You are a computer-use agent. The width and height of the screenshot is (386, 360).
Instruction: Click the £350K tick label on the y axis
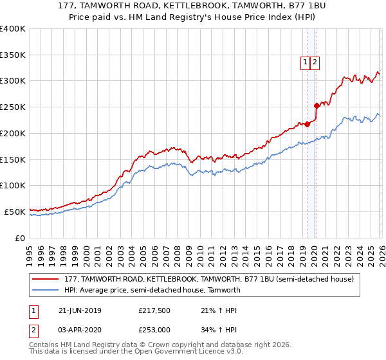pos(13,55)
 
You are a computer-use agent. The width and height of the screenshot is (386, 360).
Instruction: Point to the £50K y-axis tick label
pos(15,212)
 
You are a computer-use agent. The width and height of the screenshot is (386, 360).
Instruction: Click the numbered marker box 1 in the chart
pos(305,62)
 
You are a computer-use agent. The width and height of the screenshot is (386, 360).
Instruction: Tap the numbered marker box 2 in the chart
pos(315,62)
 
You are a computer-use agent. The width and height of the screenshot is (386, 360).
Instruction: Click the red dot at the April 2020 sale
pos(316,106)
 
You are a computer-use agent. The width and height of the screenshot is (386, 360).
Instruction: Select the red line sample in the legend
pos(46,280)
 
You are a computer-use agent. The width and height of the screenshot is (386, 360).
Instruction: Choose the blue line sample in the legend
pos(46,290)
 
